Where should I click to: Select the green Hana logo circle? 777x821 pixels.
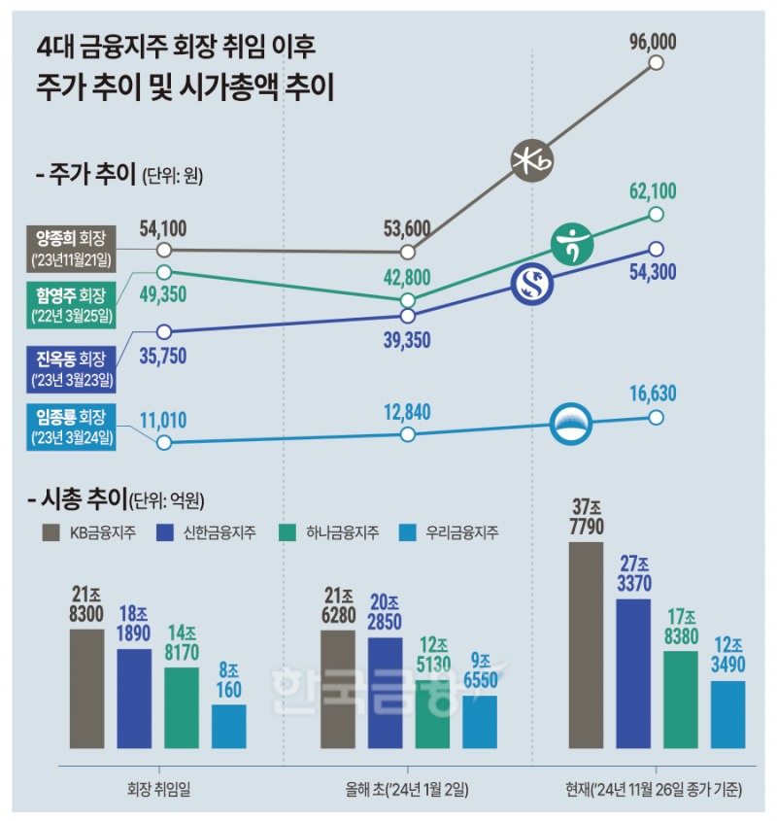572,244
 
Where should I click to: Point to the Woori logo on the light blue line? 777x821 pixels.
570,423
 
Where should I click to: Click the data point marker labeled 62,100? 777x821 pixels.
656,214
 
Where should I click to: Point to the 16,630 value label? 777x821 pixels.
651,393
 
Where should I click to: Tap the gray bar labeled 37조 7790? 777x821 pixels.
586,645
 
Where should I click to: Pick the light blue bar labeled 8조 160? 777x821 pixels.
229,727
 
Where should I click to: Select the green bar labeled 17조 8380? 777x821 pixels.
680,700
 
